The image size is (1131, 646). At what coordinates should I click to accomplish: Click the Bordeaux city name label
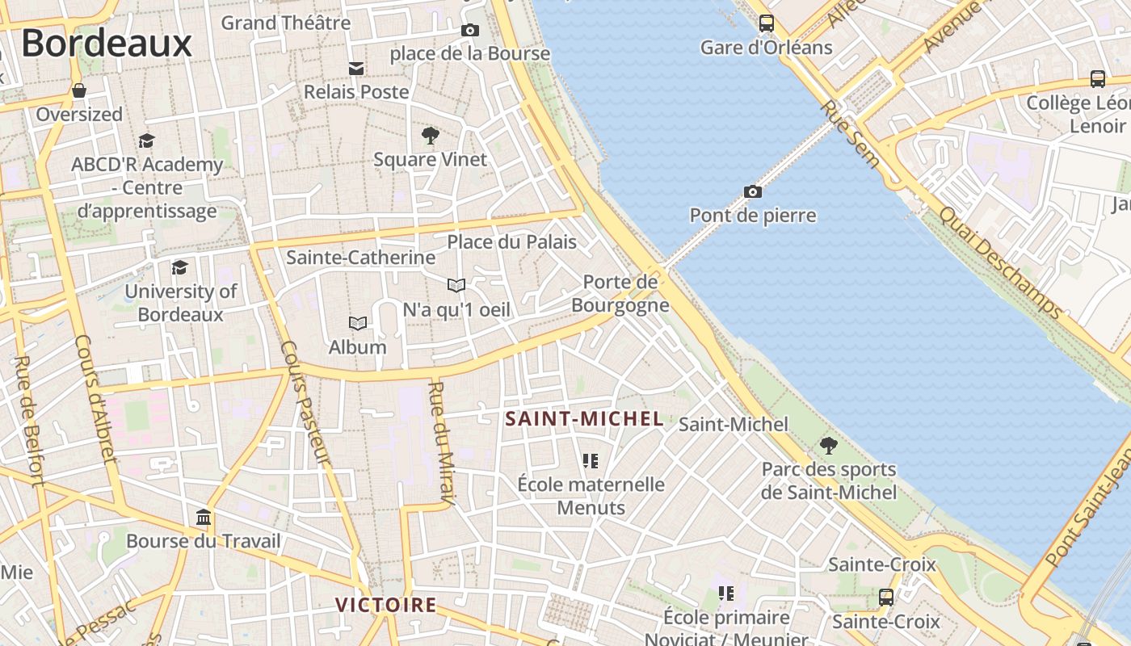(107, 44)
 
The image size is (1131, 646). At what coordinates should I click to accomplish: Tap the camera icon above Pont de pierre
(752, 191)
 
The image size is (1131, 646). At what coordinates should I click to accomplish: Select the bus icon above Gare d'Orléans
(766, 23)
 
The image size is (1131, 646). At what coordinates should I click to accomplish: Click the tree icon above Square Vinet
(431, 135)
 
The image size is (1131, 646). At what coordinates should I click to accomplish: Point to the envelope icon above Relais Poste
(355, 68)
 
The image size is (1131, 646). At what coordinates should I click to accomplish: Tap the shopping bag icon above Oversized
(79, 90)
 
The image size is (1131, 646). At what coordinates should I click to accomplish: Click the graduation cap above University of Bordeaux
(180, 267)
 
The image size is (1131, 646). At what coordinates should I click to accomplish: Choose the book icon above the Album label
(358, 323)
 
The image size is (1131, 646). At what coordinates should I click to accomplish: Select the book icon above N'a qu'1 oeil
(456, 285)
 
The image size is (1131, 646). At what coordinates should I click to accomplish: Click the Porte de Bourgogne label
(620, 293)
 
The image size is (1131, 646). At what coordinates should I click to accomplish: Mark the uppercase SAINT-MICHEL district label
(584, 419)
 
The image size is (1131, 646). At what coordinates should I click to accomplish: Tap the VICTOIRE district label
(386, 605)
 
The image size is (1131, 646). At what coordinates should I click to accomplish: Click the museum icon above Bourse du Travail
(204, 517)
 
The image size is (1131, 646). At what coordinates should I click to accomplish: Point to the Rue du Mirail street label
(441, 442)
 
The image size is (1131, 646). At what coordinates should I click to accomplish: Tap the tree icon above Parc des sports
(828, 445)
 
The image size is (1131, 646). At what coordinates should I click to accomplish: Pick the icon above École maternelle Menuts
(591, 461)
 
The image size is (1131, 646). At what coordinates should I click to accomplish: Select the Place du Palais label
(512, 241)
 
